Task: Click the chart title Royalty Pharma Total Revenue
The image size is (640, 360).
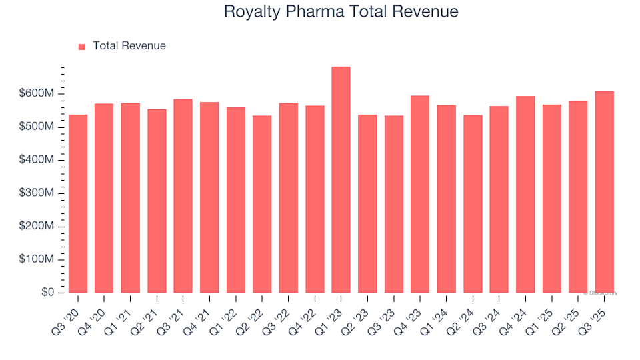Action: coord(341,11)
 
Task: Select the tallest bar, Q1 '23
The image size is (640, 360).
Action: coord(341,180)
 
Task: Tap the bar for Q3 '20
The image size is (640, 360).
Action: coord(78,203)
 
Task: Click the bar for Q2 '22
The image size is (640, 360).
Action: coord(262,204)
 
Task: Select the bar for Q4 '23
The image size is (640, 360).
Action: coord(420,194)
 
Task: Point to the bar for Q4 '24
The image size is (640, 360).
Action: coord(525,194)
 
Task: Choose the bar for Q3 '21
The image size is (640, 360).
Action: coord(183,196)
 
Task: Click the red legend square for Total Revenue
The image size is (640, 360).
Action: coord(82,47)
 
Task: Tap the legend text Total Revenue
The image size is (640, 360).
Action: coord(129,46)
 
